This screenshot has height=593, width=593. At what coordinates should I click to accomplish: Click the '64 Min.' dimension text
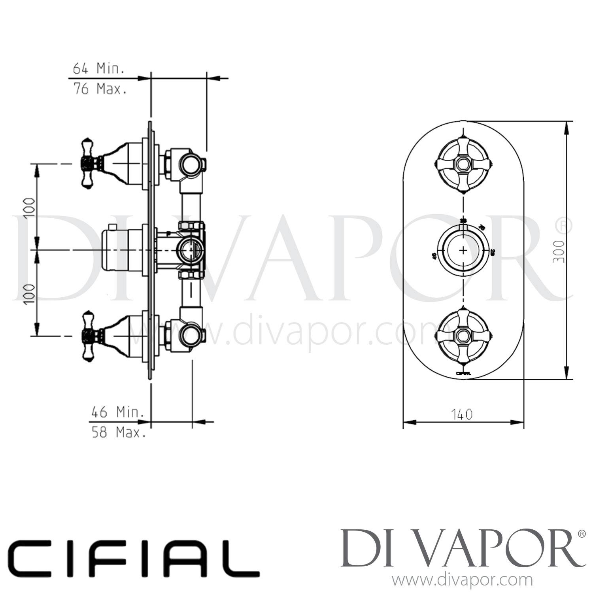click(x=98, y=69)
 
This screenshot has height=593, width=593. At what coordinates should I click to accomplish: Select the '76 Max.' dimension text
click(x=100, y=89)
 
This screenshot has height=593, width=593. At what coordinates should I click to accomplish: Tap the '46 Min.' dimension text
click(x=117, y=412)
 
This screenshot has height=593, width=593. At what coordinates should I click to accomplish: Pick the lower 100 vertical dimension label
click(x=30, y=293)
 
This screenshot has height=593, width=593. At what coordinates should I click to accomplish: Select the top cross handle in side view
click(x=89, y=163)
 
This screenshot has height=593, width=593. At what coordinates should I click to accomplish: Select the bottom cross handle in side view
click(x=89, y=336)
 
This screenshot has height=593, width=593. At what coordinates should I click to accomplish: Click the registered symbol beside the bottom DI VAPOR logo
click(x=582, y=534)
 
